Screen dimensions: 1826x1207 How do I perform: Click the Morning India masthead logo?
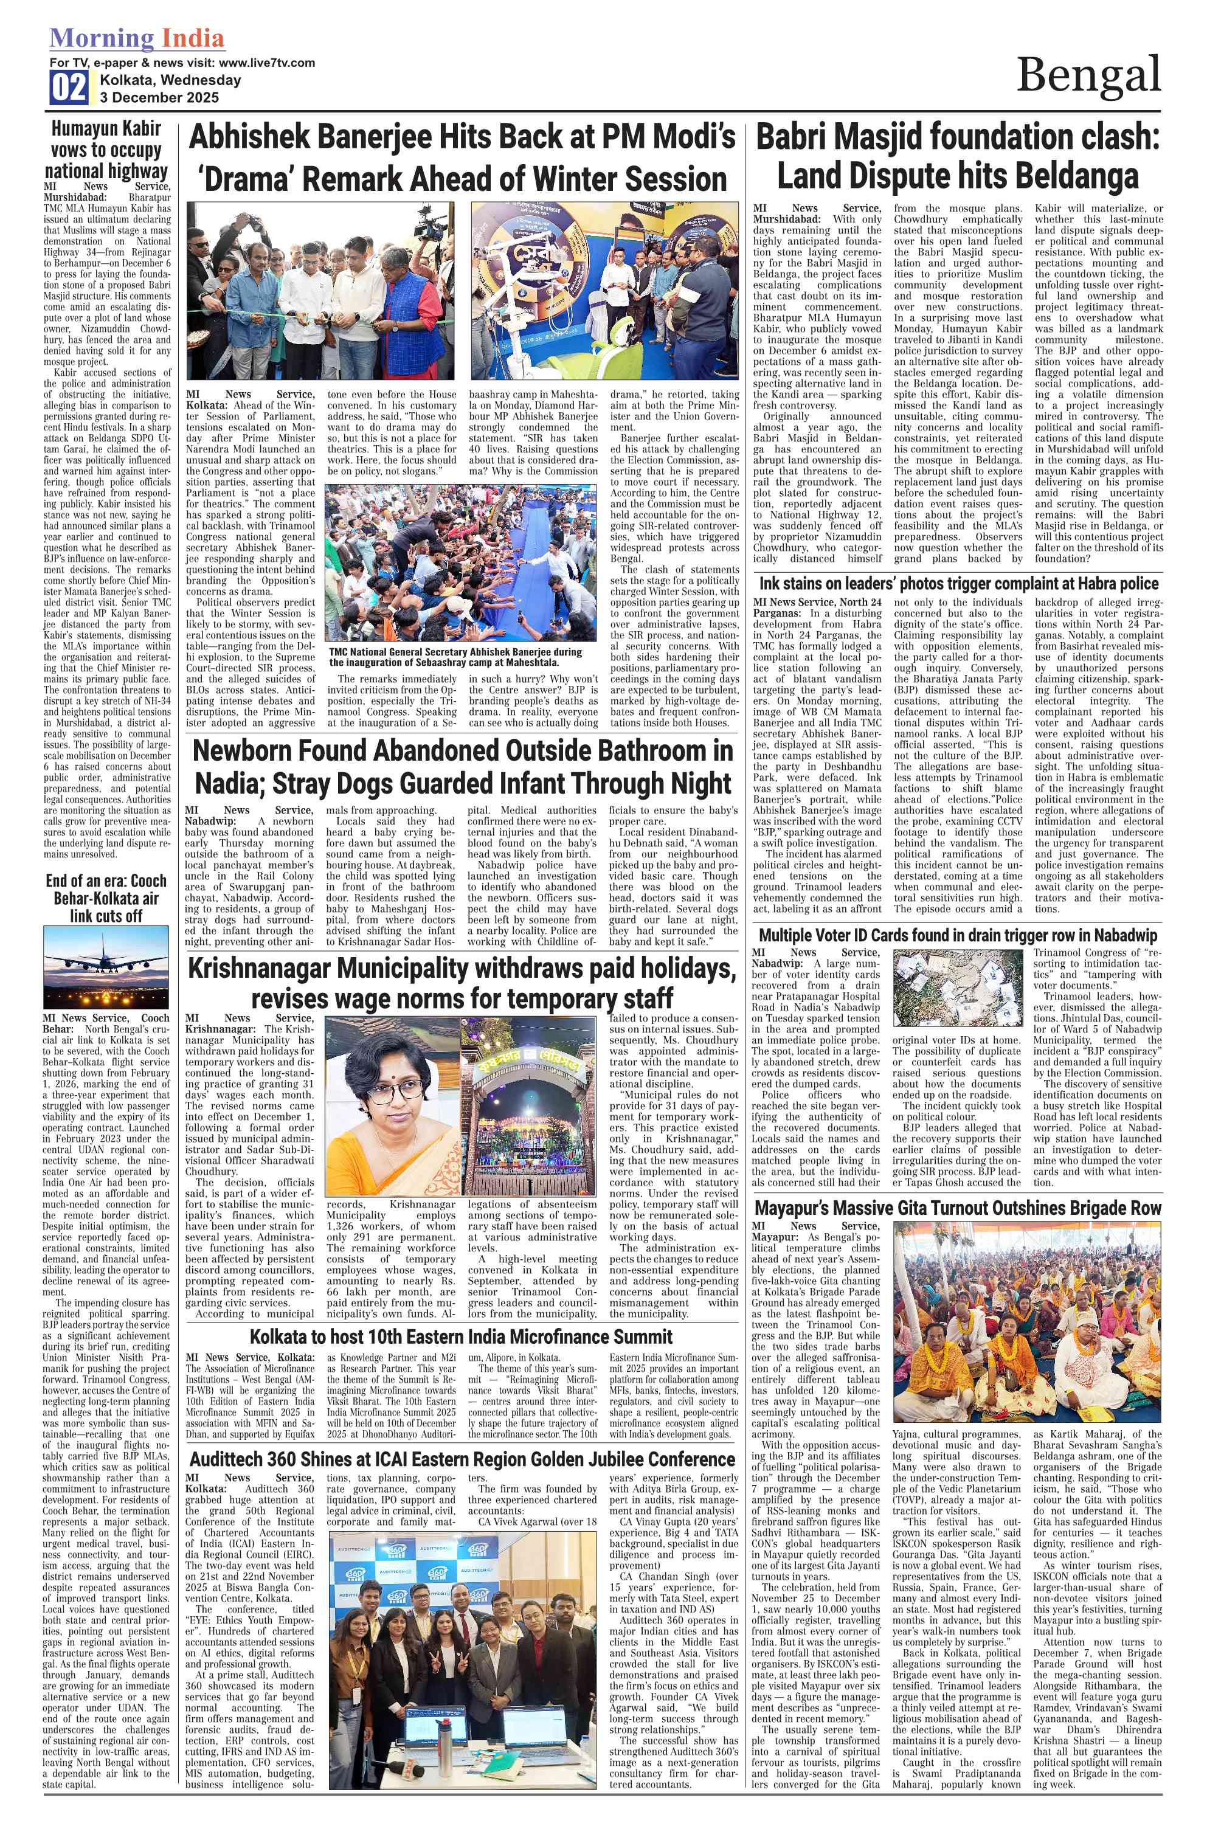[137, 38]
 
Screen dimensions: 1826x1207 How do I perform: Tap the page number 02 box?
[69, 87]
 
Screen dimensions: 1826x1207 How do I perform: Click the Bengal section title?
[1088, 75]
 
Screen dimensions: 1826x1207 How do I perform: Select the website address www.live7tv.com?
[266, 63]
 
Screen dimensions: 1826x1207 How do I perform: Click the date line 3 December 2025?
[159, 98]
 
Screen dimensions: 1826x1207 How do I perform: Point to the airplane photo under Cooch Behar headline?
[106, 966]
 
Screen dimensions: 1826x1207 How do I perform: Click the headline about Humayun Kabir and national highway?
[106, 150]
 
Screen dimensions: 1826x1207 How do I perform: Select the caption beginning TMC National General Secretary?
[455, 657]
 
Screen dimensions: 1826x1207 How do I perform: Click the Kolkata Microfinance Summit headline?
[461, 1337]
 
